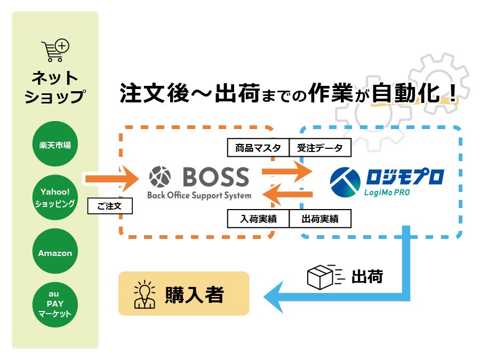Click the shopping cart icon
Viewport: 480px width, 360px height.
click(x=55, y=51)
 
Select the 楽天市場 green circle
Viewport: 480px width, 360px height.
click(x=55, y=144)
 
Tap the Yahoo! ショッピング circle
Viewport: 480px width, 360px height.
click(x=55, y=197)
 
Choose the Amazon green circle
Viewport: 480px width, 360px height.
click(x=55, y=253)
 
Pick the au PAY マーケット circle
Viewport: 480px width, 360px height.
click(x=55, y=304)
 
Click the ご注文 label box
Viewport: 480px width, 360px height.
click(x=109, y=206)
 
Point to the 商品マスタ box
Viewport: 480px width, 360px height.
click(x=258, y=148)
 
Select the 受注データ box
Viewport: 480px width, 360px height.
click(x=320, y=148)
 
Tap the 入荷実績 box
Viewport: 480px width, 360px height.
click(x=258, y=219)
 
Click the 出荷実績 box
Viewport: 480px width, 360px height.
click(x=320, y=219)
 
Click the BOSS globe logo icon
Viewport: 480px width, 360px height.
click(x=160, y=177)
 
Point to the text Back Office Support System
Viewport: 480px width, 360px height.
click(x=199, y=195)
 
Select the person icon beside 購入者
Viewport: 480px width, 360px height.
click(x=145, y=294)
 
